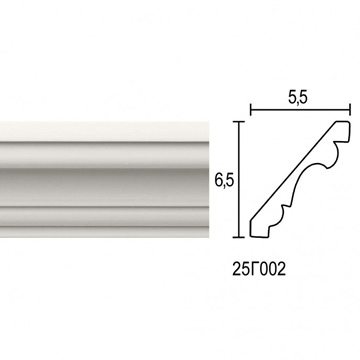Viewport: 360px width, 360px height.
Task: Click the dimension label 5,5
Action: tap(299, 97)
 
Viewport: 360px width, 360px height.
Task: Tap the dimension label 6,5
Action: tap(224, 181)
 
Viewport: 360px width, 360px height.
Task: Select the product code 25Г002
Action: tap(259, 270)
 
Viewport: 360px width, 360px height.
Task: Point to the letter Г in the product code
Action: tap(255, 270)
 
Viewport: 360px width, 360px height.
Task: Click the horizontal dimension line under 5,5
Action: tap(300, 109)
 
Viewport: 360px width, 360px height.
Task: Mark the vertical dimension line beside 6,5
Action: tap(237, 180)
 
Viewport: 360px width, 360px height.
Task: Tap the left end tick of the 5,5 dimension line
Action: tap(251, 109)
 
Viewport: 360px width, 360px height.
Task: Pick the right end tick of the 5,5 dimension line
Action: tap(350, 109)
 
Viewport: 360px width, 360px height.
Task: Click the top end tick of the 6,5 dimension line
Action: tap(237, 122)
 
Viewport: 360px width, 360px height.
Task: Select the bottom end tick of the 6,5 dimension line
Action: tap(237, 237)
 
